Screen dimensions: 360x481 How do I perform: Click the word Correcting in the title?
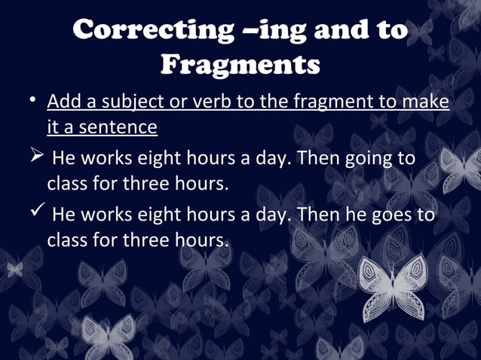click(x=150, y=30)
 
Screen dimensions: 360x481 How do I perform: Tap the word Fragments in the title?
click(x=240, y=65)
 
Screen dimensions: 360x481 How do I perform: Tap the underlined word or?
click(x=173, y=102)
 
